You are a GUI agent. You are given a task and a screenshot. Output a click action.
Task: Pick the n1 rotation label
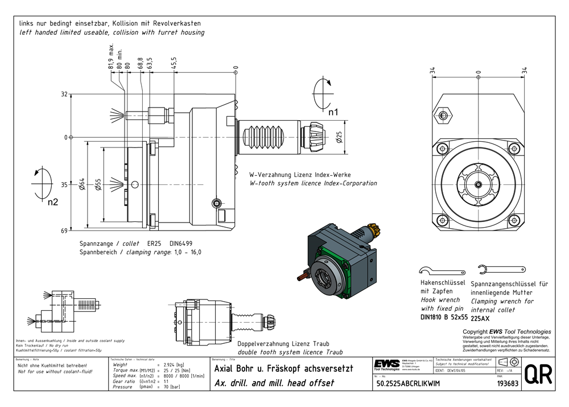pos(332,112)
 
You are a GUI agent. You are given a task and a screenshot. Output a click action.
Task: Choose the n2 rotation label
pos(53,202)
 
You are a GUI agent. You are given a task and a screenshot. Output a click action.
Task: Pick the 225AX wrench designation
pos(481,319)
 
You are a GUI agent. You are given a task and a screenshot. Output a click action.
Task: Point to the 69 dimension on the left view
pos(64,231)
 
